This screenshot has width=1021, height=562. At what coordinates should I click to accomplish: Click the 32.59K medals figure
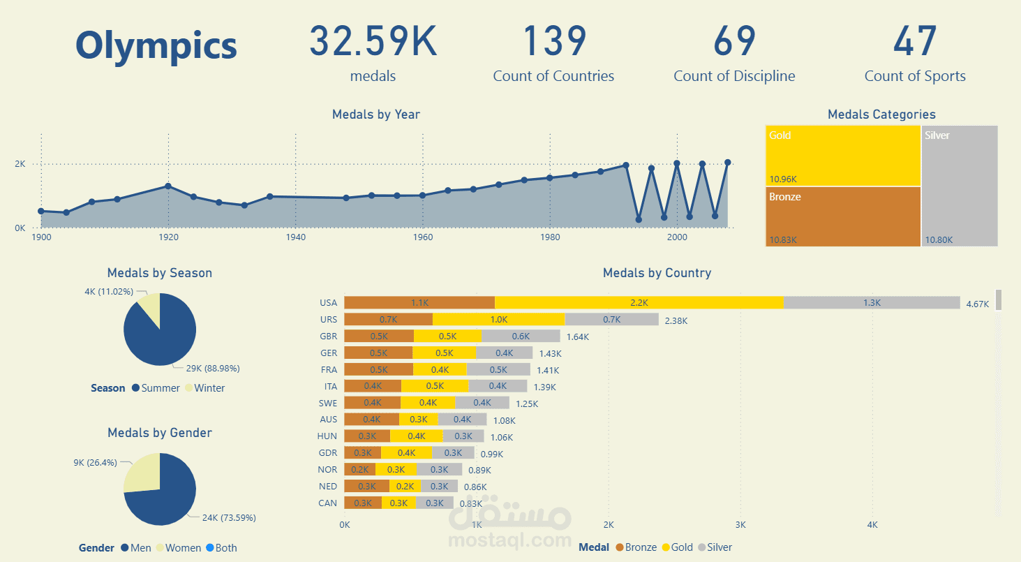pos(373,42)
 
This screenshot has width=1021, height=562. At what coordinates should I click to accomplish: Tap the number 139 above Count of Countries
pos(554,42)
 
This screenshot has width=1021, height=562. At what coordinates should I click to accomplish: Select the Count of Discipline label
pos(734,76)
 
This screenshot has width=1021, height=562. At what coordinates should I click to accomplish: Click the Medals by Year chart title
pos(376,114)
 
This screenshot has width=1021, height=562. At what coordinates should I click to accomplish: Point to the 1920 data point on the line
pos(168,186)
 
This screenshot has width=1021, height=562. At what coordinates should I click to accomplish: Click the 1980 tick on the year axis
pos(550,237)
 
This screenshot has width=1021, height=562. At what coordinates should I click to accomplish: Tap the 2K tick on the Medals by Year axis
pos(20,164)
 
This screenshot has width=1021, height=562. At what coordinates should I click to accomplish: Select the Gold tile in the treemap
pos(843,155)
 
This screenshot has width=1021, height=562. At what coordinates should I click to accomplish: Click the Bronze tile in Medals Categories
pos(843,216)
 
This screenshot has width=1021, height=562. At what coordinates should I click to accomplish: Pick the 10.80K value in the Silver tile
pos(938,240)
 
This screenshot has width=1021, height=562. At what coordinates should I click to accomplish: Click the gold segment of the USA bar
pos(639,303)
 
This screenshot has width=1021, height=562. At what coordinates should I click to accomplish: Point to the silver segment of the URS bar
pos(611,319)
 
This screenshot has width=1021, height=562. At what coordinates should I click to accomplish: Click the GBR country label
pos(328,336)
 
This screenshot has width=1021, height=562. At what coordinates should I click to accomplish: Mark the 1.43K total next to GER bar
pos(550,354)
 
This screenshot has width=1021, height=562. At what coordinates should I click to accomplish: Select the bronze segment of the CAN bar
pos(363,503)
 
